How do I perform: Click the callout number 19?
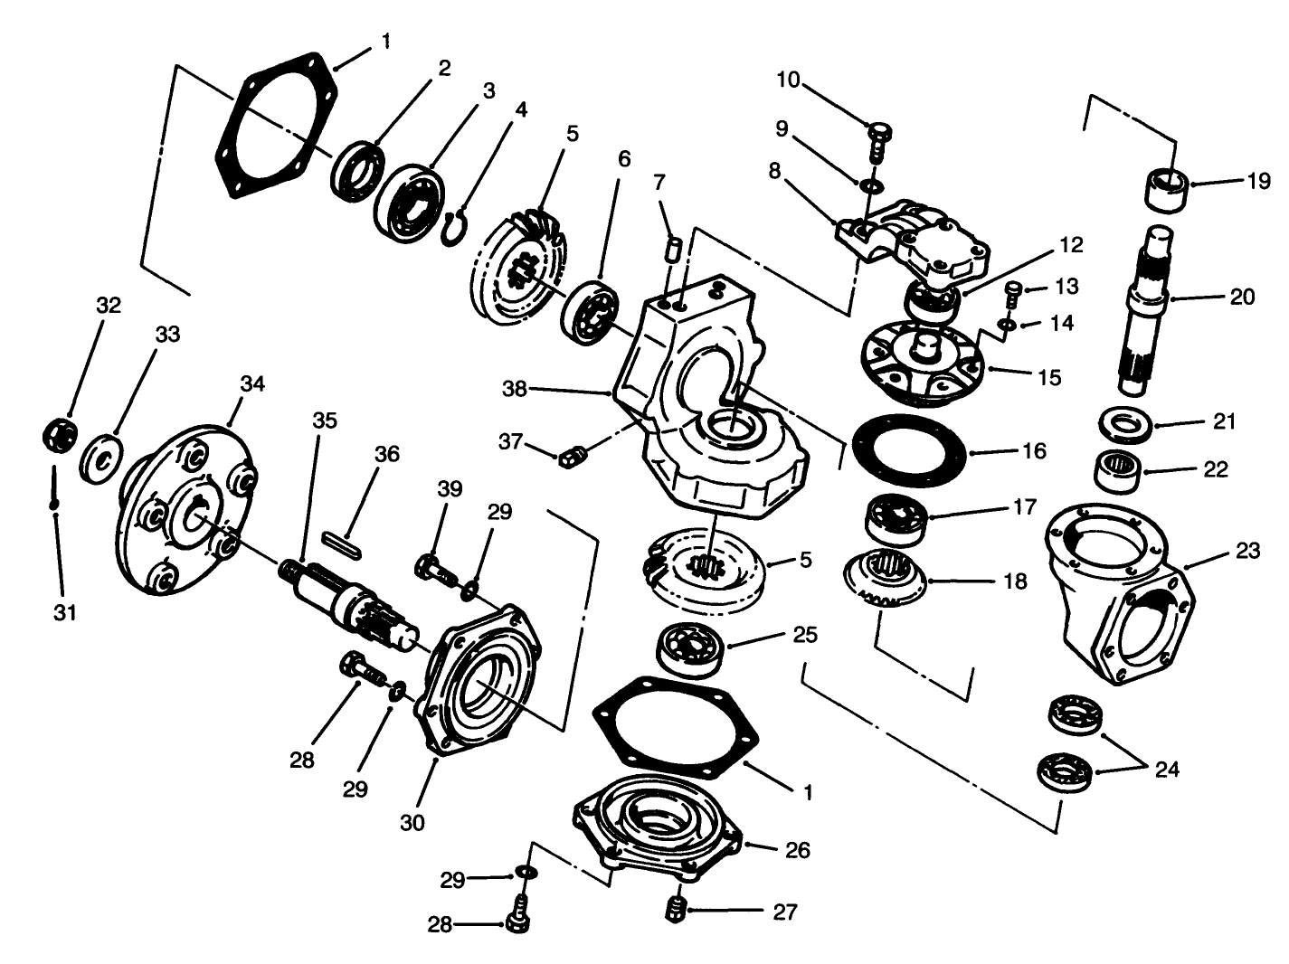tap(1258, 181)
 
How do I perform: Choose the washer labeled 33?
tap(102, 456)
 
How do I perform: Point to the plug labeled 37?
tap(571, 457)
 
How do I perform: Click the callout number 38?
tap(514, 389)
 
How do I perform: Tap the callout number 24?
tap(1167, 770)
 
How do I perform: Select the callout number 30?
tap(413, 822)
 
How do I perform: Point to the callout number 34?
tap(252, 383)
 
